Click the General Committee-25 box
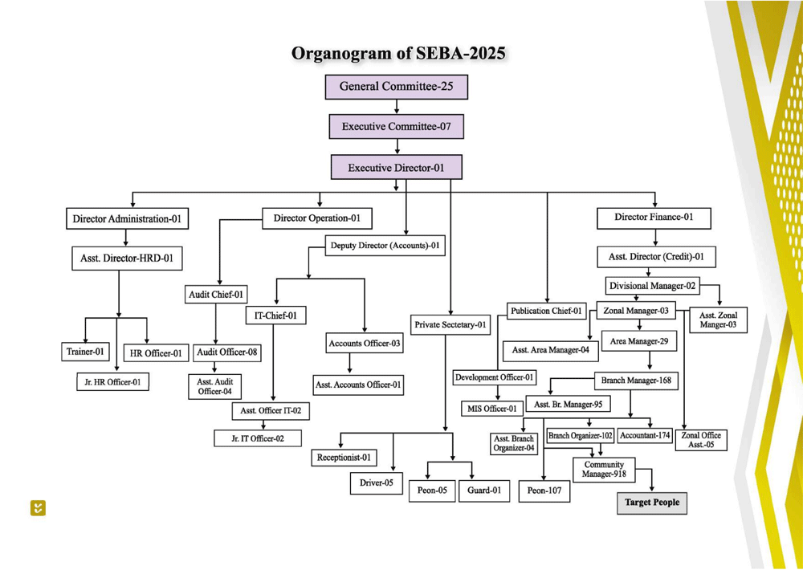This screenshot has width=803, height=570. coord(396,87)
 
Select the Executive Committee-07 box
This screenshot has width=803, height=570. coord(396,127)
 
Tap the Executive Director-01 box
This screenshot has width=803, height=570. coord(396,168)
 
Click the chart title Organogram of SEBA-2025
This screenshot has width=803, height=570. coord(398,54)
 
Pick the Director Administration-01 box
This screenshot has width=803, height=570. coord(127,218)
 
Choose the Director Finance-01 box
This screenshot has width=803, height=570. coord(654,218)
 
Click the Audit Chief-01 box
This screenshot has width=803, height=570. coord(216,295)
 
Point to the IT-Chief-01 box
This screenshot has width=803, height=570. coord(275,316)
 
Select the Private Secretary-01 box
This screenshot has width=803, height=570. coord(450,325)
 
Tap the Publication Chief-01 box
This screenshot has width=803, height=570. coord(547,311)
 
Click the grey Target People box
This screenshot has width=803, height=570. coord(652,503)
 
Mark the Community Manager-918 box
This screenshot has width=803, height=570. coord(604,470)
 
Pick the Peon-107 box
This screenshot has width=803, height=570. coord(544,491)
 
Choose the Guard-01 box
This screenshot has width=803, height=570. coord(484,491)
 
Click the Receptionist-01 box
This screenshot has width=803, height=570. coord(344,458)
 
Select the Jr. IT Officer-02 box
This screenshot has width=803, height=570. coord(259,438)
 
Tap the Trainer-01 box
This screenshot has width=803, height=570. coord(85,352)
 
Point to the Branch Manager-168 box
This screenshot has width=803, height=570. coord(636,380)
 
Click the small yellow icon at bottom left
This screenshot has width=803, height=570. coord(38,507)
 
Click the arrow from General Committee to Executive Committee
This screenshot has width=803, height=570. coord(397,107)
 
